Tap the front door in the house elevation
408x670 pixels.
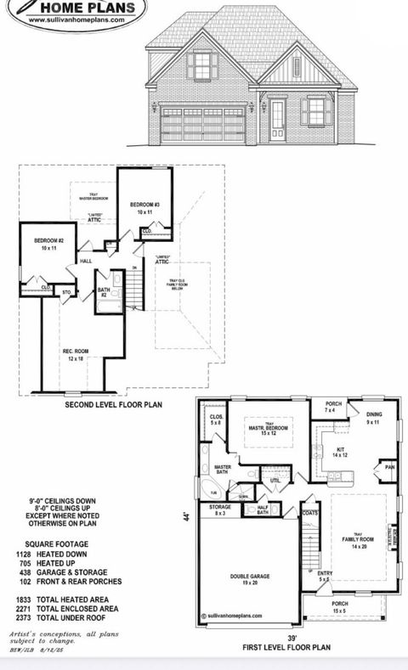pyautogui.click(x=278, y=121)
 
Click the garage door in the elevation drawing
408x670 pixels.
pyautogui.click(x=203, y=124)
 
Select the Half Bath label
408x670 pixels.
pyautogui.click(x=263, y=509)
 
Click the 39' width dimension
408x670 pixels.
pyautogui.click(x=292, y=640)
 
